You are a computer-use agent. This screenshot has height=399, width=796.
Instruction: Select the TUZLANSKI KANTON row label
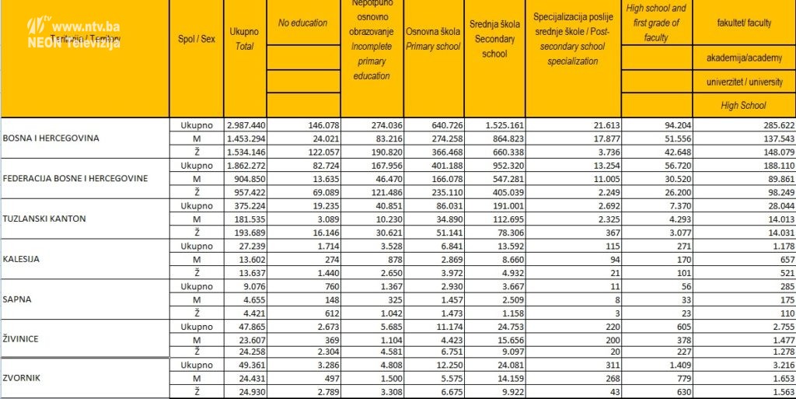[x=43, y=219]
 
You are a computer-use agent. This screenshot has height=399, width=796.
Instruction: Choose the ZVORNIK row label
[x=22, y=379]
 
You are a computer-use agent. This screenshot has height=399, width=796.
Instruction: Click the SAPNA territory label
[x=19, y=299]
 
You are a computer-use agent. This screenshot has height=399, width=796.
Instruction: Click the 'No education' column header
[x=302, y=23]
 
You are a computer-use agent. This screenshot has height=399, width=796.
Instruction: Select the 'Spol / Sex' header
[x=196, y=39]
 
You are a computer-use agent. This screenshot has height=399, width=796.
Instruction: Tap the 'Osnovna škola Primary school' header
[x=433, y=39]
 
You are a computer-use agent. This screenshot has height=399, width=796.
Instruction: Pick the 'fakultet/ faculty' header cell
[x=744, y=23]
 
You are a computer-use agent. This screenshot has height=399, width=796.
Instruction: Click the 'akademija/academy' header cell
[x=744, y=58]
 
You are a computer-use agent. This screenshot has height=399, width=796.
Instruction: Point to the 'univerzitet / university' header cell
[x=744, y=82]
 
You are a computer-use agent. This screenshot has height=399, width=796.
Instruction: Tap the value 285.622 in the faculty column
[x=773, y=124]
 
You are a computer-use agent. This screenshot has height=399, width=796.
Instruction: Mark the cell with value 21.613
[x=600, y=124]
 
